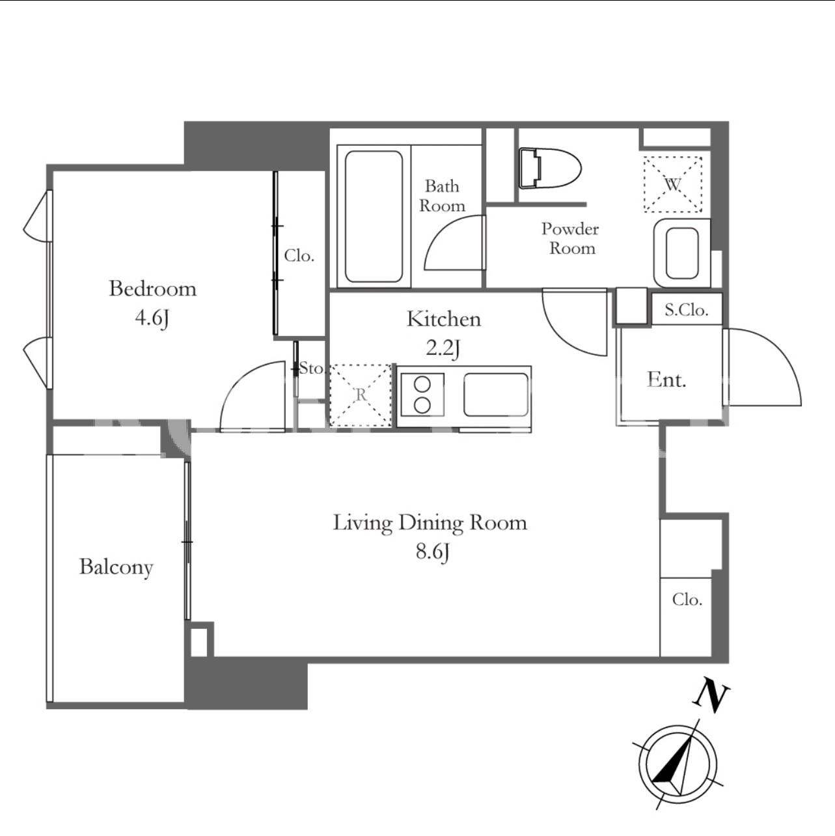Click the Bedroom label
(x=153, y=289)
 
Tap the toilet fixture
(x=549, y=169)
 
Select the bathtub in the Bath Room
(x=374, y=216)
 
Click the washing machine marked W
(x=672, y=184)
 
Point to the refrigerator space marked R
(x=361, y=395)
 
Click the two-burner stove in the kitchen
(x=422, y=395)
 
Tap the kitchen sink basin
(x=496, y=395)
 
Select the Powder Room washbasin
(x=682, y=253)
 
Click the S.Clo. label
(x=687, y=310)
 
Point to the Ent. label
(x=666, y=380)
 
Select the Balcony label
(x=116, y=568)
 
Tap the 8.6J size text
(x=432, y=552)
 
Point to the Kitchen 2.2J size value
(x=443, y=348)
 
